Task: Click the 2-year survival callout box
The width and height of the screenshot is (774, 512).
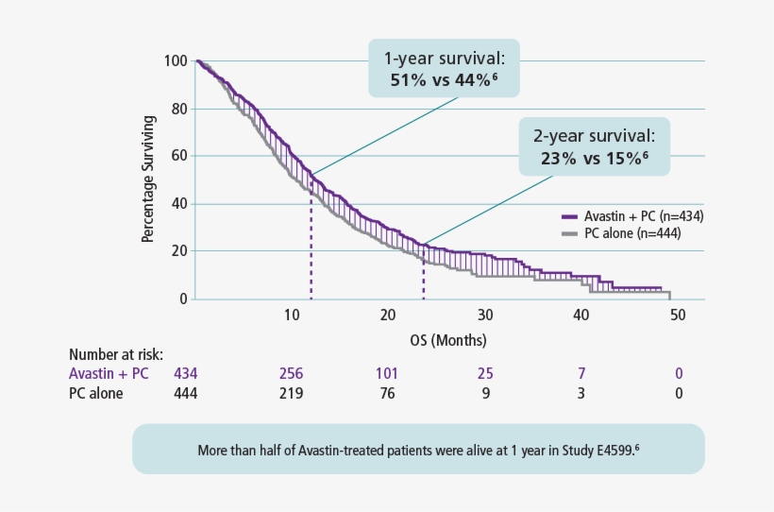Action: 594,147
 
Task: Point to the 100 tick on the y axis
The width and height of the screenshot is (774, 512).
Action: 175,61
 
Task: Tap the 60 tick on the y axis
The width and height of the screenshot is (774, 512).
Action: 178,156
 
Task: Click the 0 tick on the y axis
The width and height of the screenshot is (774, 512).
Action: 182,299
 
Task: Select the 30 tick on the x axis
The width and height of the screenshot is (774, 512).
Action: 484,315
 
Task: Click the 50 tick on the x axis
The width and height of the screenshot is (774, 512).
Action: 678,315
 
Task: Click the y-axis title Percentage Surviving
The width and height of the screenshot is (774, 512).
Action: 148,179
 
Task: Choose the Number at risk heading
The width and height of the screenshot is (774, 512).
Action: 116,355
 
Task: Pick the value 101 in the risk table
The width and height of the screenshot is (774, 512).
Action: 387,374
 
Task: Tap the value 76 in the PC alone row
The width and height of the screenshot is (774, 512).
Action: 387,393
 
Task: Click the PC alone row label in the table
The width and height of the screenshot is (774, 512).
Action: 96,393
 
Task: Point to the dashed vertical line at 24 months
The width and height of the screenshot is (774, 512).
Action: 424,274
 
